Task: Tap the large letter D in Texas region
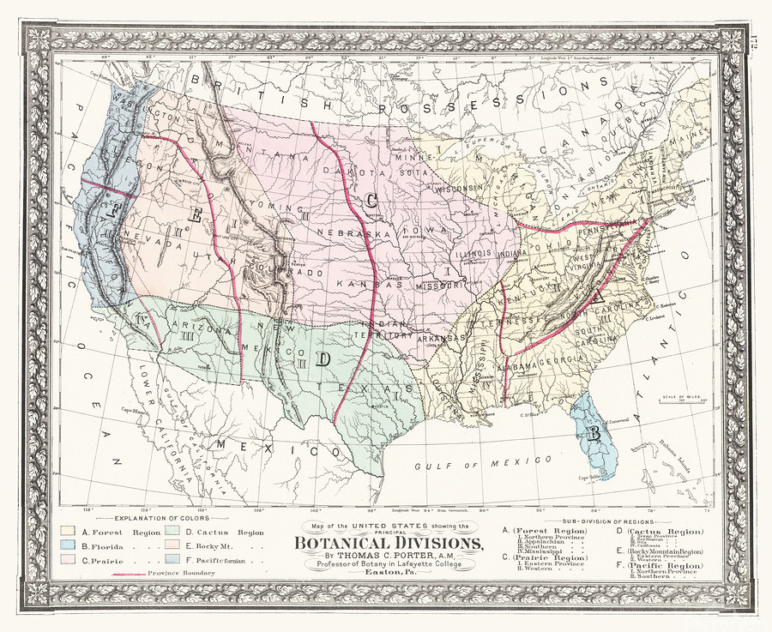point(323,359)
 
